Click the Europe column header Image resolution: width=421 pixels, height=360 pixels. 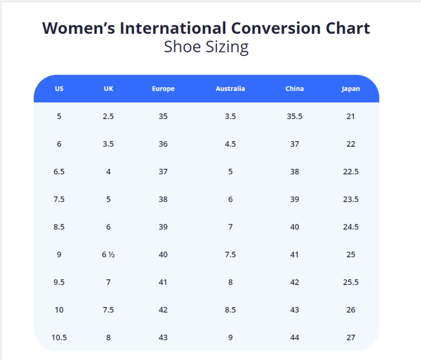pyautogui.click(x=163, y=89)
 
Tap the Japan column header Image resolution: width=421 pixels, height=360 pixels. pyautogui.click(x=350, y=89)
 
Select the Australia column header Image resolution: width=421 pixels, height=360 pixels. pyautogui.click(x=230, y=89)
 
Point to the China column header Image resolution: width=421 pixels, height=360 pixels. pyautogui.click(x=294, y=89)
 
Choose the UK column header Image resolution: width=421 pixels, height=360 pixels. pyautogui.click(x=108, y=89)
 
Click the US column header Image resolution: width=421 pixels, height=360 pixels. pyautogui.click(x=59, y=89)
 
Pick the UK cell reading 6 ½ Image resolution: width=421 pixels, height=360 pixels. pyautogui.click(x=108, y=255)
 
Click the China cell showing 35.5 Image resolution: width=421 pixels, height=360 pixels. pyautogui.click(x=294, y=116)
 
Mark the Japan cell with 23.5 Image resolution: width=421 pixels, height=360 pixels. pyautogui.click(x=350, y=199)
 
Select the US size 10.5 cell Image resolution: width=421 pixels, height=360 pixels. pyautogui.click(x=59, y=337)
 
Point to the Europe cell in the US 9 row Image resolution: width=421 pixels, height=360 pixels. pyautogui.click(x=163, y=255)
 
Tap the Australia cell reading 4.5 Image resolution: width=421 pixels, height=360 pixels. pyautogui.click(x=230, y=144)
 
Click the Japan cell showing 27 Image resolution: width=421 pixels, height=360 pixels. pyautogui.click(x=350, y=337)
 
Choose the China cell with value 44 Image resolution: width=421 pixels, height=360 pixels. pyautogui.click(x=294, y=337)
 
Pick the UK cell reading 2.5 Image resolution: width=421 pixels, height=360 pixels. pyautogui.click(x=108, y=116)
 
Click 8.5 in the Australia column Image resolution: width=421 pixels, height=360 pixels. pyautogui.click(x=230, y=310)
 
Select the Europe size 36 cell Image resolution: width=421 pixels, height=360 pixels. pyautogui.click(x=163, y=144)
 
